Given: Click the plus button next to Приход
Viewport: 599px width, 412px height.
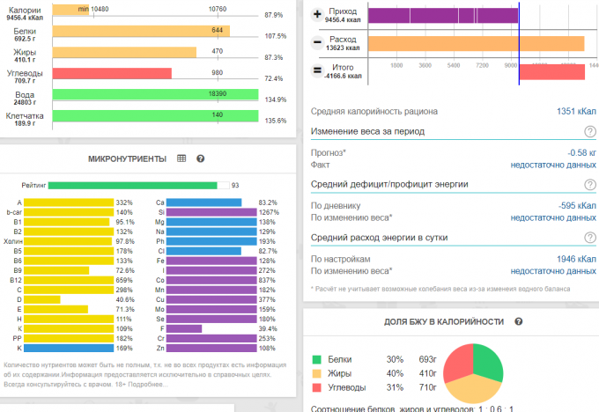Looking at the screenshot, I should pyautogui.click(x=317, y=14).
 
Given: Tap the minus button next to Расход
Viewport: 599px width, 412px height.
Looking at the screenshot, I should pyautogui.click(x=317, y=42).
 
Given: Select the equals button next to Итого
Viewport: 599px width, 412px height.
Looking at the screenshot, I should pyautogui.click(x=317, y=71).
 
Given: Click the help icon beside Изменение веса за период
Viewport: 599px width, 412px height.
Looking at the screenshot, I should pyautogui.click(x=588, y=132).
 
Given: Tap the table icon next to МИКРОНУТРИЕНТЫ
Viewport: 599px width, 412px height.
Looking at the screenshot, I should pyautogui.click(x=181, y=158).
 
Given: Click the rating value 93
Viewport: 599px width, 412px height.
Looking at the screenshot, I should pyautogui.click(x=235, y=186).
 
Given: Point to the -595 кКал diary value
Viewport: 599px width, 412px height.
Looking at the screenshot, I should pyautogui.click(x=577, y=205).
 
